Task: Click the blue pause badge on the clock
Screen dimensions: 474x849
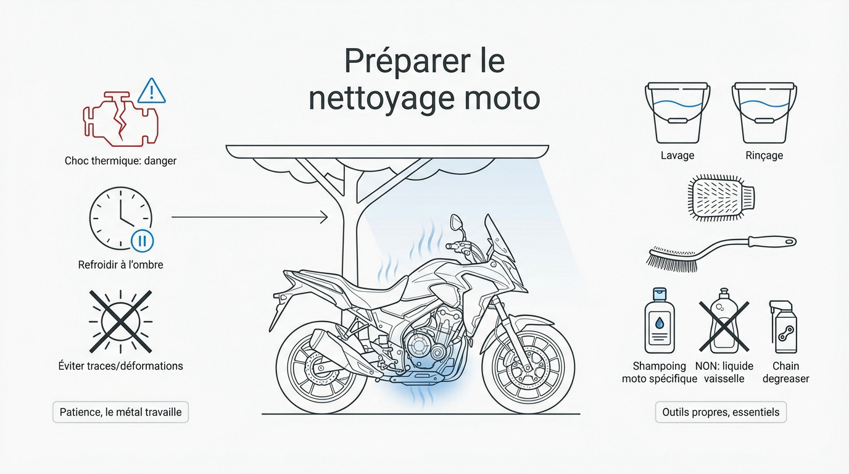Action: tap(142, 240)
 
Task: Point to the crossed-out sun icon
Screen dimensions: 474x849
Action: tap(121, 321)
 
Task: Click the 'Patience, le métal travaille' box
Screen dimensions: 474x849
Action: tap(120, 412)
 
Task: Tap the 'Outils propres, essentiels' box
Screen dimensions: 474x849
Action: tap(720, 412)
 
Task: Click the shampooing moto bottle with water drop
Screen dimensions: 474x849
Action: tap(660, 322)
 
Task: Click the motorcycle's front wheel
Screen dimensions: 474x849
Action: tap(528, 367)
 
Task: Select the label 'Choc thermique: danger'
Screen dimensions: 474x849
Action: tap(120, 160)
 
